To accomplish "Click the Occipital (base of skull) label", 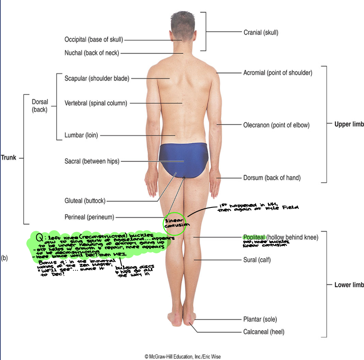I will [x=94, y=40].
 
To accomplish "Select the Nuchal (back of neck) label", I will [x=92, y=53].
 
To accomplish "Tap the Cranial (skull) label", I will [x=261, y=32].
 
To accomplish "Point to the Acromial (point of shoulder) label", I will [x=278, y=73].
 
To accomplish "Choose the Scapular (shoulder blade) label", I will [x=97, y=78].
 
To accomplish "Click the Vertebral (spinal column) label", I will [x=96, y=103].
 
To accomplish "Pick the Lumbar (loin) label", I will [x=81, y=135].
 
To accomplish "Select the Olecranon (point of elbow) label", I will [x=276, y=125].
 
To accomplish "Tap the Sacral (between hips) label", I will [x=92, y=161].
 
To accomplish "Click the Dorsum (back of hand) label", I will [x=272, y=178].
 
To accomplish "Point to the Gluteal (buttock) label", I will [x=85, y=201].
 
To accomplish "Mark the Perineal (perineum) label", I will [x=89, y=217].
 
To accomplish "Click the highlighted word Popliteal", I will [x=254, y=237].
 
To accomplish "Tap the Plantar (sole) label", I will [x=260, y=319].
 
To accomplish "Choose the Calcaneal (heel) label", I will [x=264, y=332].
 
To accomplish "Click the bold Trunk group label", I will [x=8, y=157].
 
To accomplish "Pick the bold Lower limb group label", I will [x=349, y=285].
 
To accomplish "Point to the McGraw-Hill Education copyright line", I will [x=182, y=356].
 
